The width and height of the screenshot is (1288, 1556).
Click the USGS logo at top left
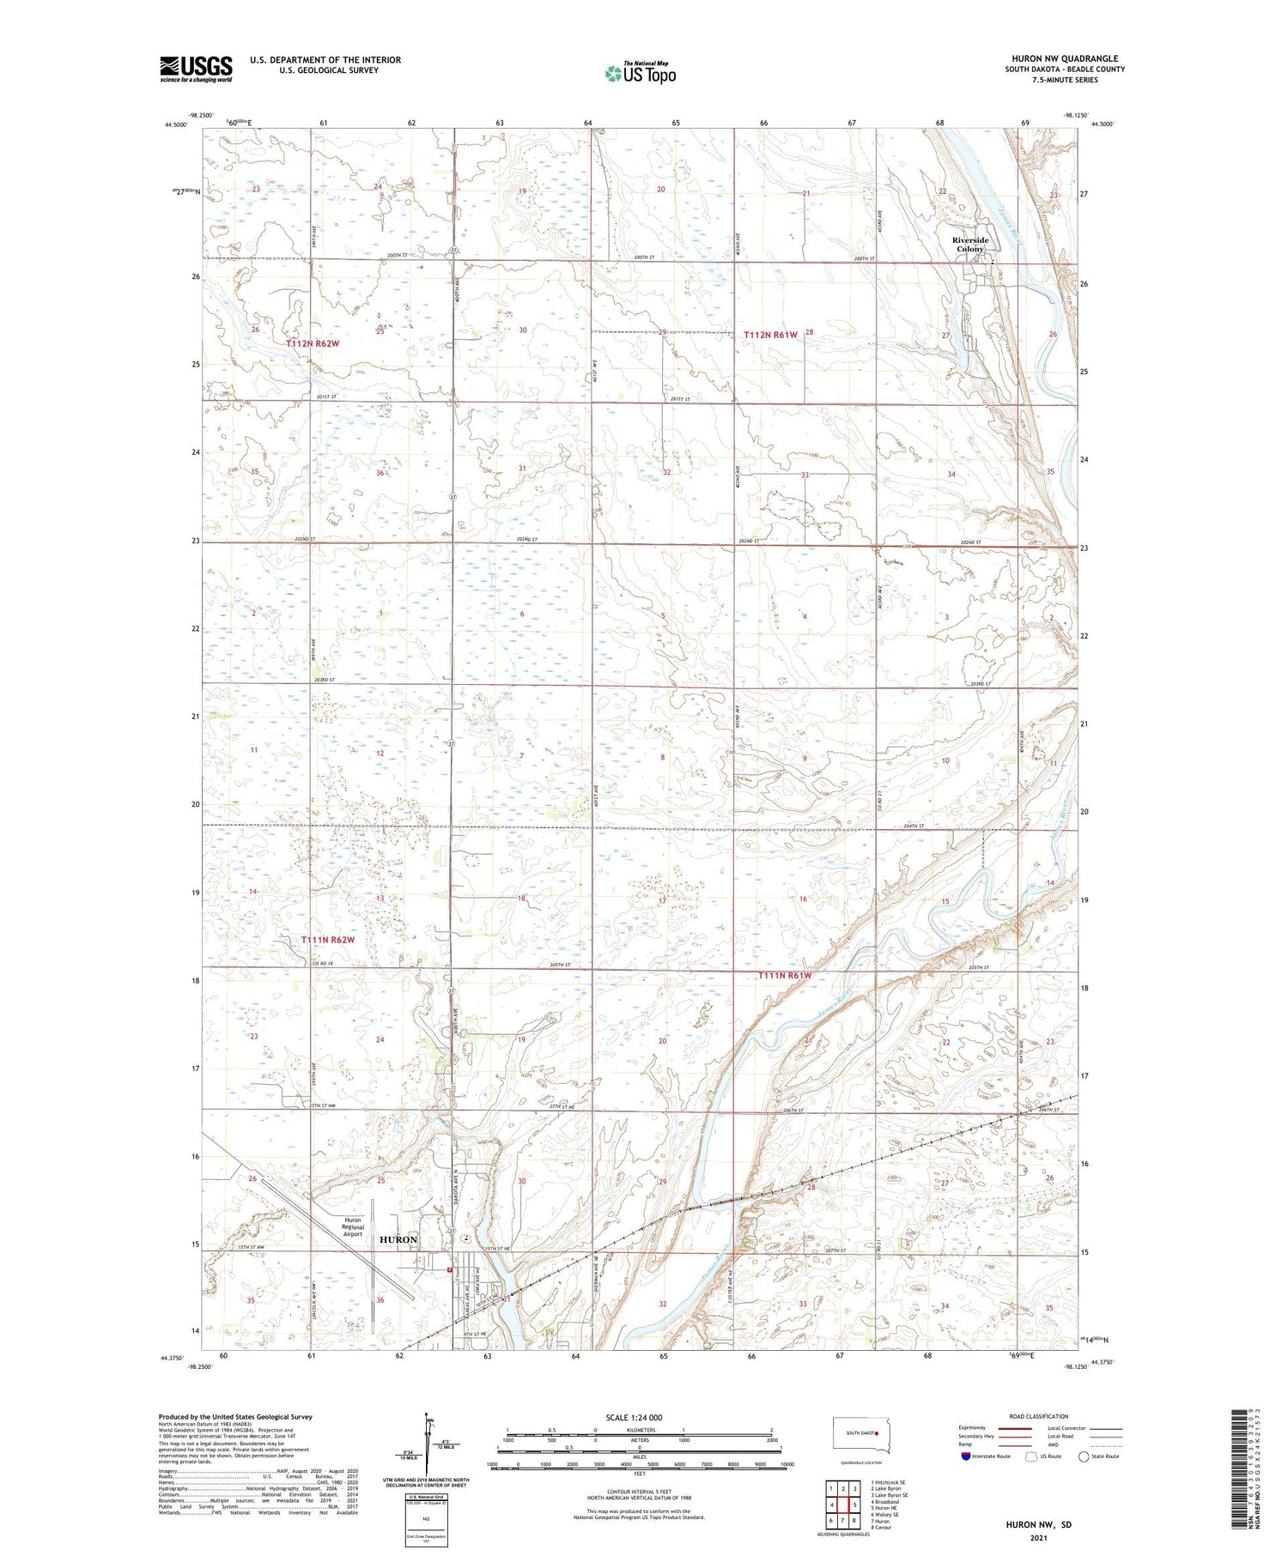coord(196,69)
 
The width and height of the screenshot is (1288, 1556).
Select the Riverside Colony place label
coord(970,245)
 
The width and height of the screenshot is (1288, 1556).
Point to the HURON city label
coord(398,1239)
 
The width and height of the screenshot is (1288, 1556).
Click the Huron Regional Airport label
coord(354,1227)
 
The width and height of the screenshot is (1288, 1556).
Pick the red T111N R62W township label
coord(327,940)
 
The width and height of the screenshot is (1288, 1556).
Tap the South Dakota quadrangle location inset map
coord(862,1435)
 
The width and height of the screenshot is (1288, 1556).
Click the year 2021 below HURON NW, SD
coord(1038,1539)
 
